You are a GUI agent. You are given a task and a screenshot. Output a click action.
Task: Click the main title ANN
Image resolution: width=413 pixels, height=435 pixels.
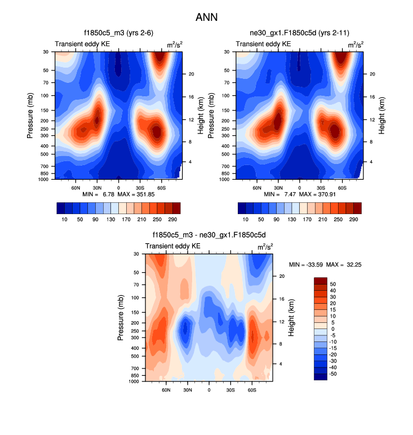click(206, 17)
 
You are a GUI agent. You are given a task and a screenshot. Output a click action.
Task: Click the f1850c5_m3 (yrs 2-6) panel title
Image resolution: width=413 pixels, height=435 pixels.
click(118, 34)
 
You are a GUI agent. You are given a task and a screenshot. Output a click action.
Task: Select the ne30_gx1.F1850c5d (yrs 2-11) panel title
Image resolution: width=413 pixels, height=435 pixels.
click(300, 34)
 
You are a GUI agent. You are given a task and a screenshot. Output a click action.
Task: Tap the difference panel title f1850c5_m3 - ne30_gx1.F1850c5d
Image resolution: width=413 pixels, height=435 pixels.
click(208, 237)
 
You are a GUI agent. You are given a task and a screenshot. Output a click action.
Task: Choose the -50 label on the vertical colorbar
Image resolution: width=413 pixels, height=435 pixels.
click(332, 374)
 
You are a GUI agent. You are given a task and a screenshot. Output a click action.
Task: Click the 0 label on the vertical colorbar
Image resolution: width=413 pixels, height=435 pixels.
click(332, 329)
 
